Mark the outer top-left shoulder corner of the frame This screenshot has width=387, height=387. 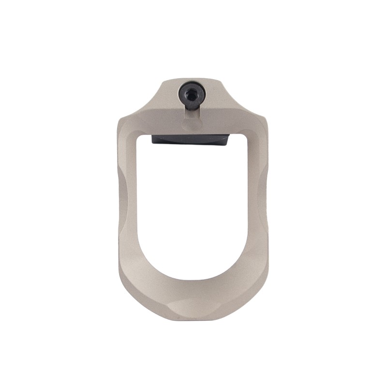(120, 117)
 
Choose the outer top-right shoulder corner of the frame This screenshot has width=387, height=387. (265, 117)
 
